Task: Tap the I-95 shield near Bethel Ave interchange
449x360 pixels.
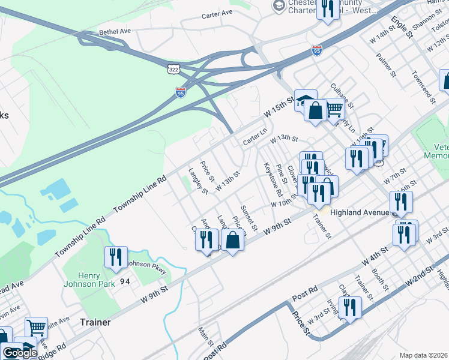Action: (181, 92)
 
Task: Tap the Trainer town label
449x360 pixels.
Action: (95, 322)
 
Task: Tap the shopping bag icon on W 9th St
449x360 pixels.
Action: (233, 241)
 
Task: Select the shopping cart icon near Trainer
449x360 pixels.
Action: (37, 328)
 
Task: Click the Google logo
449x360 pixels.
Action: (19, 353)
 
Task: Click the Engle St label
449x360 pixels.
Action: (402, 27)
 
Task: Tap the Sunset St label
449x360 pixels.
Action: (249, 218)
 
